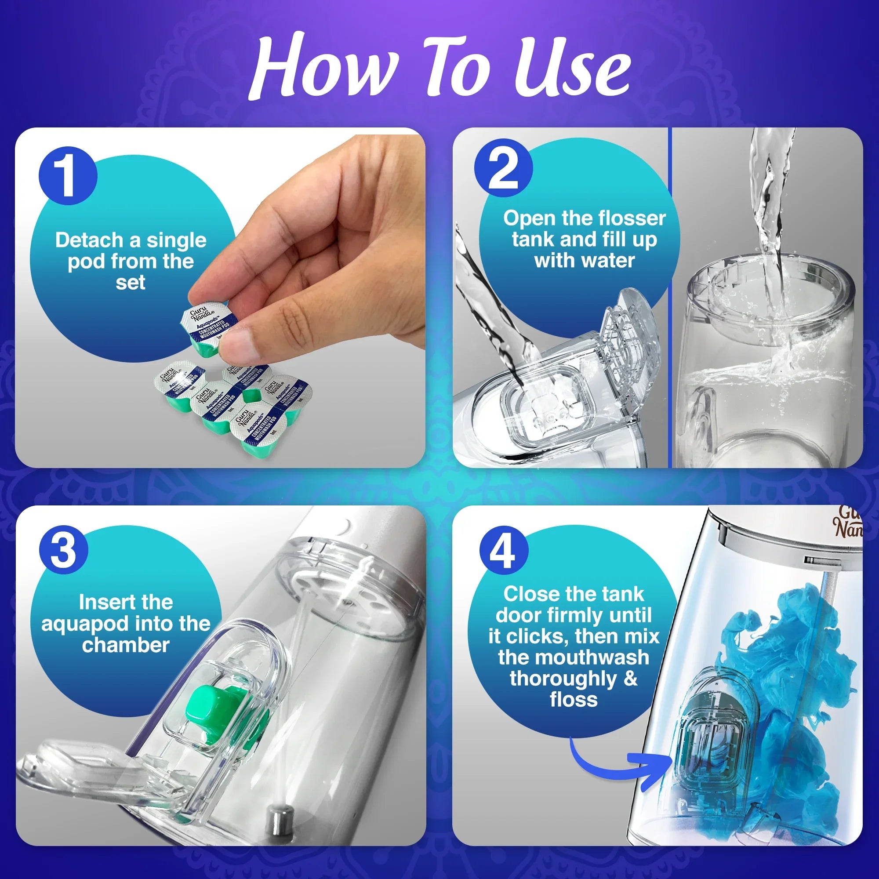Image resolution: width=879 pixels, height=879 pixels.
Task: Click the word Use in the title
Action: pyautogui.click(x=571, y=68)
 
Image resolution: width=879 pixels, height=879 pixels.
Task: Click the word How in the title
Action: pyautogui.click(x=321, y=68)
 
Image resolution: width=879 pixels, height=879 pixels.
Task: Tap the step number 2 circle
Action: pyautogui.click(x=503, y=168)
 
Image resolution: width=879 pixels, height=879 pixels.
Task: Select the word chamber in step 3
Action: pyautogui.click(x=126, y=645)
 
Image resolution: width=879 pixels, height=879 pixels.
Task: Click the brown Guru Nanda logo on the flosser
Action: pyautogui.click(x=850, y=523)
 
